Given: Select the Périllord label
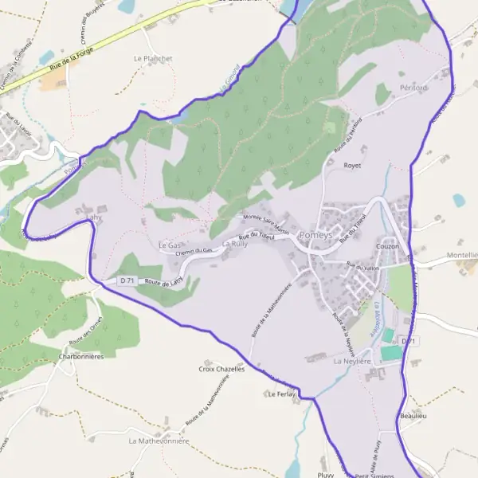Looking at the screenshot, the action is coord(413,87).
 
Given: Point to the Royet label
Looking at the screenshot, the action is coord(351,166).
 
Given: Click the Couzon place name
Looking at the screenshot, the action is coord(387,246).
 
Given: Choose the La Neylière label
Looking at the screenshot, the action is coord(353,361).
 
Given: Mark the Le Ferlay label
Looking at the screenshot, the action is coord(281,394).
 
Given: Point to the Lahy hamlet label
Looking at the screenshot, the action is coord(94,216).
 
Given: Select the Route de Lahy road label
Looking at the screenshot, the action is coord(163,281).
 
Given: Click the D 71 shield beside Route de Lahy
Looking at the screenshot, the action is coord(127,281).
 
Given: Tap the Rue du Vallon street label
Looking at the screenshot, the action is coord(362,267).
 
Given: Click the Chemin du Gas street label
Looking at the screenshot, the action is coord(197,251).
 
